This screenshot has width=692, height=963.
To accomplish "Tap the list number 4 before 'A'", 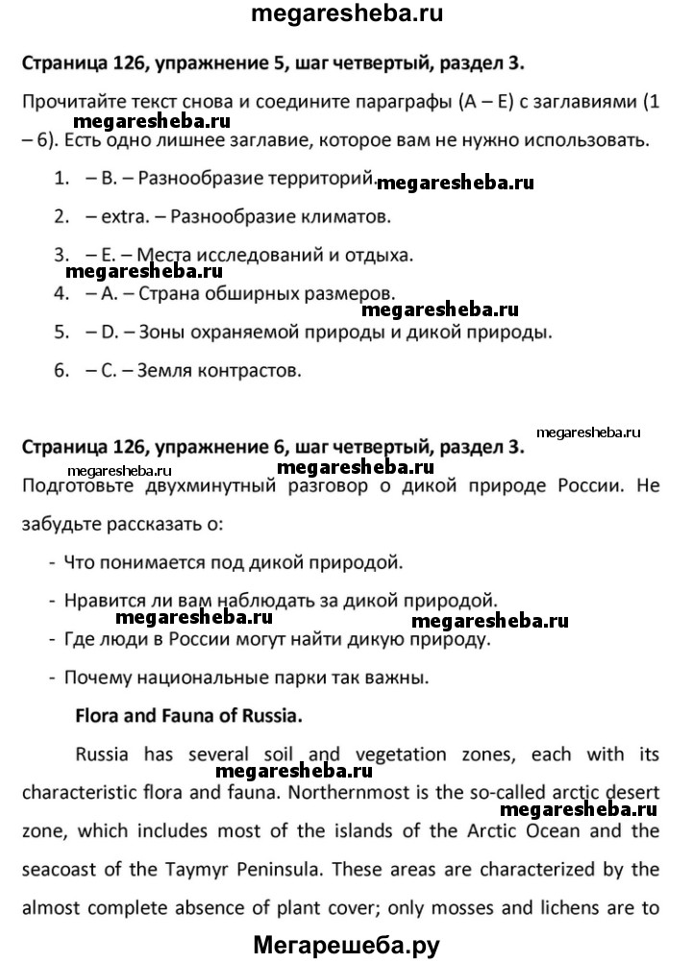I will coord(61,292).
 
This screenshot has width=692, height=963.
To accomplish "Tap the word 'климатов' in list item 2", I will coord(327,216).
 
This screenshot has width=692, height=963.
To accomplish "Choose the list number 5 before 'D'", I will coord(61,331).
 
